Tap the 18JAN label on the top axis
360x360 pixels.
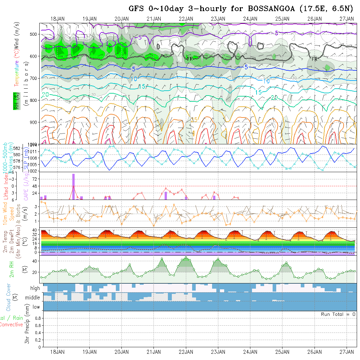click(x=58, y=19)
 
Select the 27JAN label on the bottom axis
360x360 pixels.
click(x=347, y=352)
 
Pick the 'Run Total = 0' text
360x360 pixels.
click(x=338, y=314)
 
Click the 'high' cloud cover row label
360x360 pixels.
click(x=35, y=288)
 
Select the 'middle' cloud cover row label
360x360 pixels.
click(x=32, y=297)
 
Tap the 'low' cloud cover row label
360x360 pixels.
click(x=36, y=307)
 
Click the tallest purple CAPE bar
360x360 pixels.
click(x=74, y=187)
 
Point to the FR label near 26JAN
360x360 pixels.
click(x=315, y=59)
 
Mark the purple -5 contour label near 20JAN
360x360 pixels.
click(x=138, y=37)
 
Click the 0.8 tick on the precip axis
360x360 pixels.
click(x=37, y=318)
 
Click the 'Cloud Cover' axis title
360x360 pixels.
click(x=9, y=297)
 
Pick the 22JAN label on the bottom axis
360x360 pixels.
click(x=186, y=352)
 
